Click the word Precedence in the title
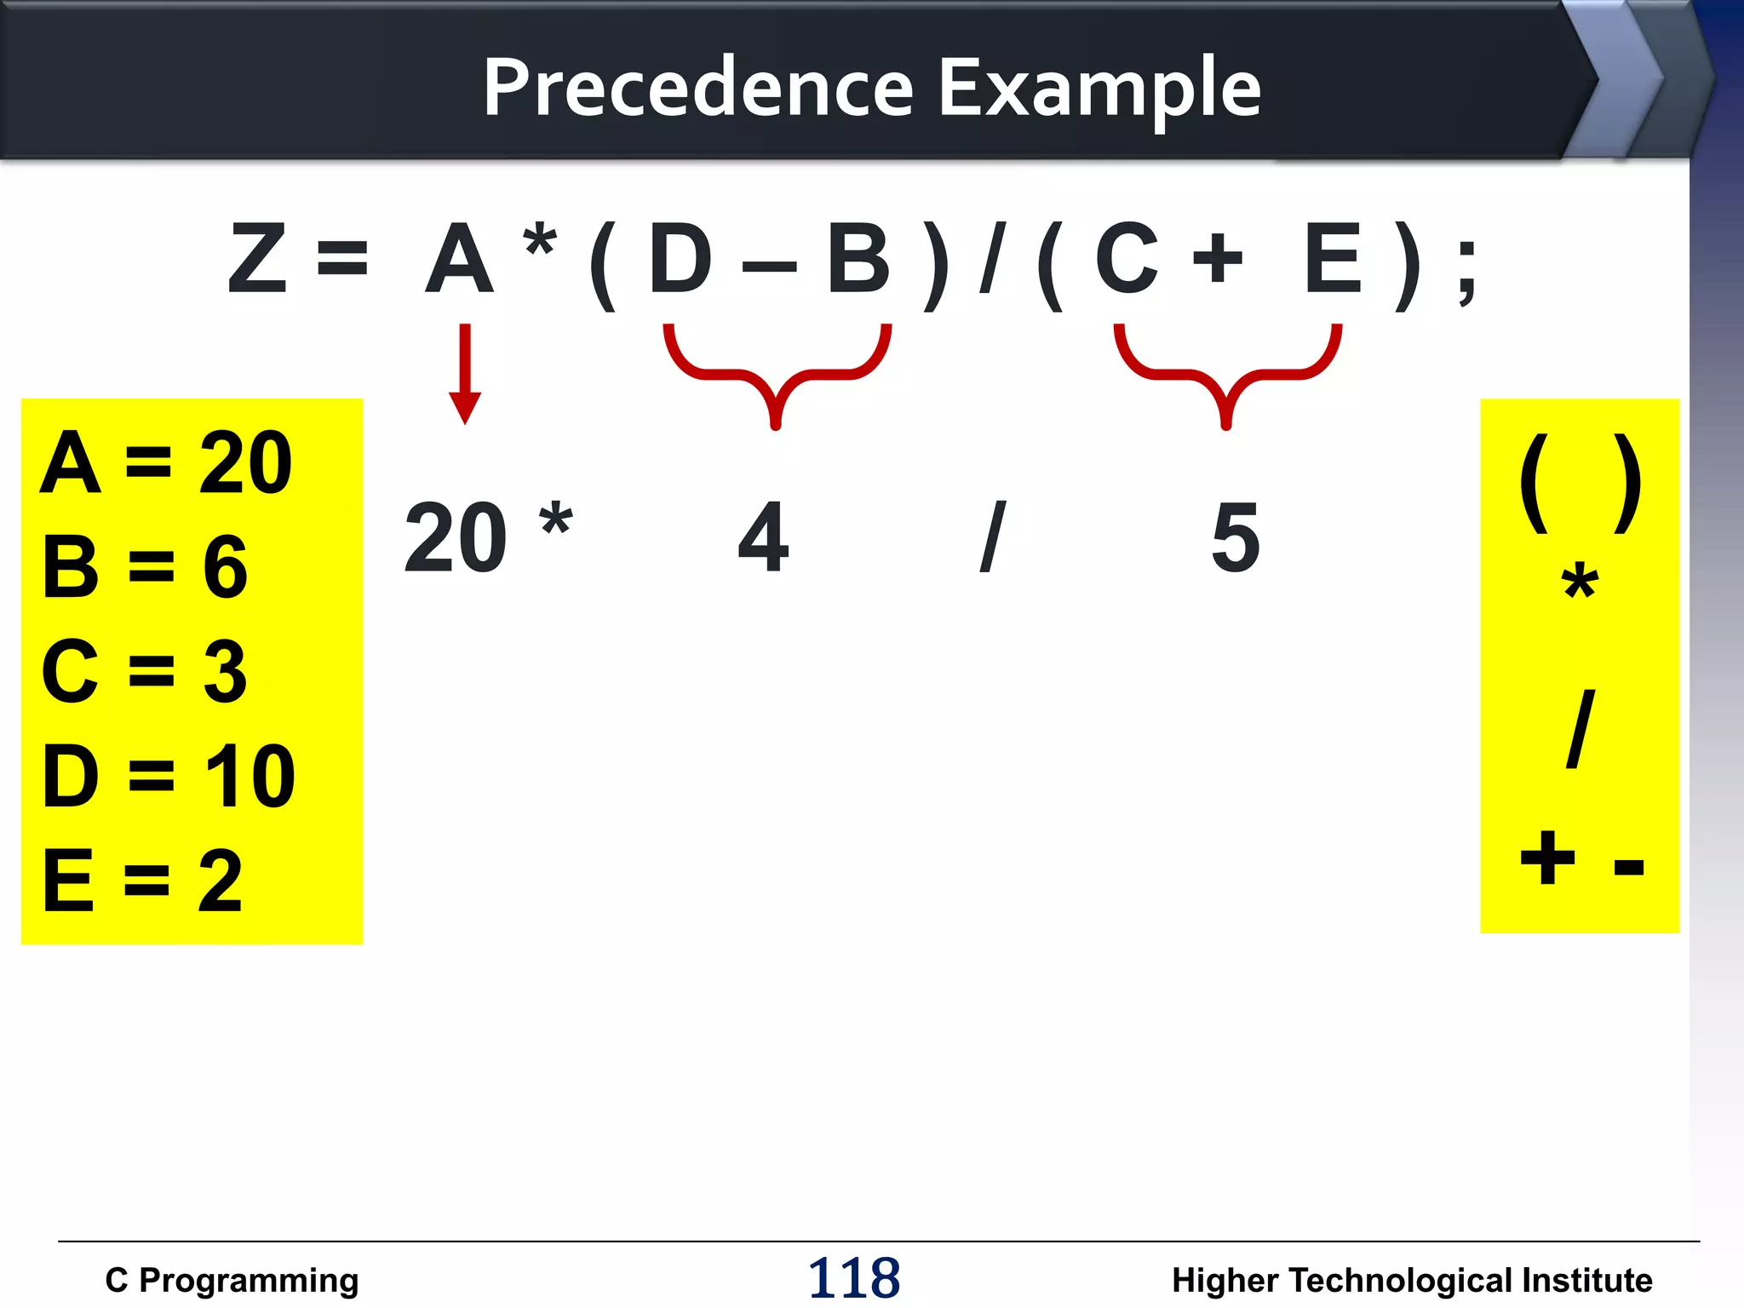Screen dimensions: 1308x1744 tap(698, 87)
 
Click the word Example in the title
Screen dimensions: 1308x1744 tap(1099, 89)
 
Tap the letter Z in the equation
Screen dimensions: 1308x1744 tap(256, 259)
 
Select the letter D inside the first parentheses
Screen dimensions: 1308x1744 tap(680, 259)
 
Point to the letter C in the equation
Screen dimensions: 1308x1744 tap(1126, 259)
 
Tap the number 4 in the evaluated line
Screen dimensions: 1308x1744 tap(763, 537)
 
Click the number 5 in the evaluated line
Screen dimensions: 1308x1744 tap(1235, 537)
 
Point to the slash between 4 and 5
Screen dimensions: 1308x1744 tap(993, 537)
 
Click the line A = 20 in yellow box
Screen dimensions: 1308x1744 tap(166, 463)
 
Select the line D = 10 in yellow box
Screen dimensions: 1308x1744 tap(169, 776)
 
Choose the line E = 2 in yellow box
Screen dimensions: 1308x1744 tap(143, 881)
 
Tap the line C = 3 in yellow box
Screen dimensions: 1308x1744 tap(145, 672)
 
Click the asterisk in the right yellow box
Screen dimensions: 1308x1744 tap(1580, 582)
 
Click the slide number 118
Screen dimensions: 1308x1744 tap(853, 1278)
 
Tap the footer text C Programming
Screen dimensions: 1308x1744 tap(232, 1280)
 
